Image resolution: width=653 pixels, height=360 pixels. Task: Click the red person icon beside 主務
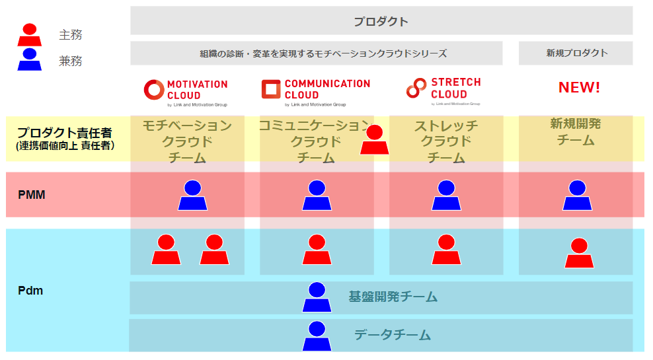point(29,35)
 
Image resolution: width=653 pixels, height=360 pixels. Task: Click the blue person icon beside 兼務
point(29,60)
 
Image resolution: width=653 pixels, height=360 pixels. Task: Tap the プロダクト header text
point(381,21)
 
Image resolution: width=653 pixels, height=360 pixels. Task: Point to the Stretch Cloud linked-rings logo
point(416,88)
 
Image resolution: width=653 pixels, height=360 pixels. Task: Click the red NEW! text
point(579,87)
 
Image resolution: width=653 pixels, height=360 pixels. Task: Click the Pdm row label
point(30,290)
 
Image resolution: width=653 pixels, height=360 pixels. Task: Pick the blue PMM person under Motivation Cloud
point(192,196)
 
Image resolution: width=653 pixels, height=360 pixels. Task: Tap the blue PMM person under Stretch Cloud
point(446,196)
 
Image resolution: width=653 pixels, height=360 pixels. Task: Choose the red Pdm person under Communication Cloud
point(317,250)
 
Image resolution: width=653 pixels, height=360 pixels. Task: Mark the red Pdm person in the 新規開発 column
point(579,253)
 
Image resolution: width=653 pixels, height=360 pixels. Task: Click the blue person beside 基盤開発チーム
point(317,297)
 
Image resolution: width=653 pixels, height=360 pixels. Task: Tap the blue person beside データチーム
point(317,336)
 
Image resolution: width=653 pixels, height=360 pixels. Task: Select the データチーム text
point(393,336)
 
